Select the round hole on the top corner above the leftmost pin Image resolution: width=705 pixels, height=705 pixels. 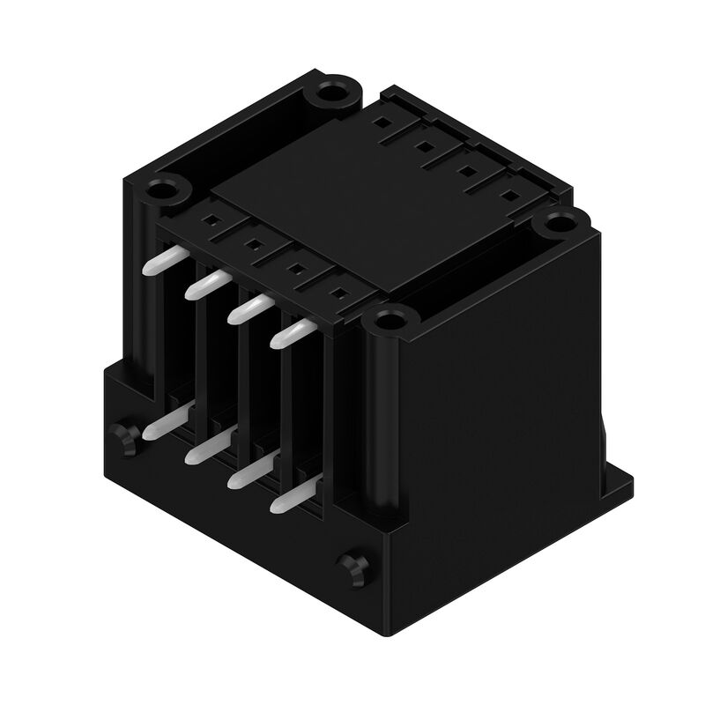pos(164,188)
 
